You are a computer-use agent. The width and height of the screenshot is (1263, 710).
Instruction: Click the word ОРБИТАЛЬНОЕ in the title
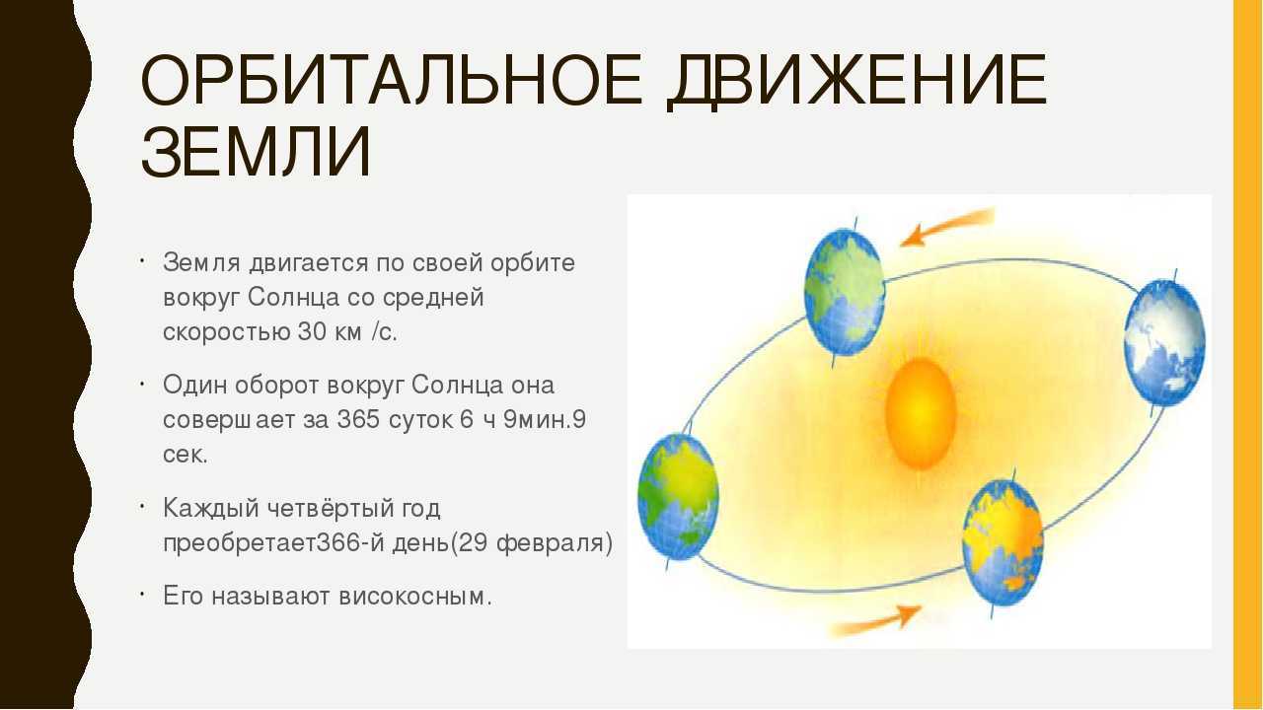coord(392,81)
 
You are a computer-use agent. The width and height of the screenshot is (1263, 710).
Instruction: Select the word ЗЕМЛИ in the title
coord(256,152)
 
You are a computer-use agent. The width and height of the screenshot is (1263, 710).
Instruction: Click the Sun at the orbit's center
coord(921,413)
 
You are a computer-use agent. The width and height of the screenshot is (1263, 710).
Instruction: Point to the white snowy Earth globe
coord(1165,342)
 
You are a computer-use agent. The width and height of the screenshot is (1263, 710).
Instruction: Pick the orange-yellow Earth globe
coord(1003,542)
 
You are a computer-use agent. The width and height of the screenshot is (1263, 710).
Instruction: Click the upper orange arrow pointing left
coord(947,227)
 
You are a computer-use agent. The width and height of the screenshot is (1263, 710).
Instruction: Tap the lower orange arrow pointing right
coord(876,621)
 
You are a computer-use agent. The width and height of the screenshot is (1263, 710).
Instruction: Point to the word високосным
coord(415,597)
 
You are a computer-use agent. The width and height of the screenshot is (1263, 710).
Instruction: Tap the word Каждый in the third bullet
coord(211,509)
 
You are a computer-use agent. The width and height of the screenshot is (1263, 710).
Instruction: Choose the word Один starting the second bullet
coord(194,386)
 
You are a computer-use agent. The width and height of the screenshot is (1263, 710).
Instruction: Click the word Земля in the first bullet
coord(202,263)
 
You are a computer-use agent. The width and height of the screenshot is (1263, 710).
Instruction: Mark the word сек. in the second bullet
coord(186,456)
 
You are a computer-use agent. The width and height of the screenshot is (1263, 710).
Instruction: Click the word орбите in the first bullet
coord(532,262)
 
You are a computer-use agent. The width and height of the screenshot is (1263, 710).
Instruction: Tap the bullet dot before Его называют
coord(143,594)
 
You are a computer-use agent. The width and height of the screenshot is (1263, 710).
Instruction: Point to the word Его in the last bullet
coord(183,597)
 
